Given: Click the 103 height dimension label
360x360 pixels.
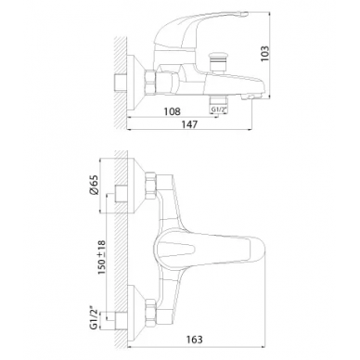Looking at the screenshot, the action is (x=265, y=53).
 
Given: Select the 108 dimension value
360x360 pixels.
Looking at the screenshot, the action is (x=172, y=111).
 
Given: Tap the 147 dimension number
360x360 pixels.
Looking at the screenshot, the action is (x=189, y=124).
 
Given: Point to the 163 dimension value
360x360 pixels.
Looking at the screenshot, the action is (x=195, y=340).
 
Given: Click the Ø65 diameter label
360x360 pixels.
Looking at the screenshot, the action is (x=95, y=185).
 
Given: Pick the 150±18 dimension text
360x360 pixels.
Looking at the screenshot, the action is (x=101, y=258).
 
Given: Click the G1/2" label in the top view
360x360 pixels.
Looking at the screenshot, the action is (x=218, y=109).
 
